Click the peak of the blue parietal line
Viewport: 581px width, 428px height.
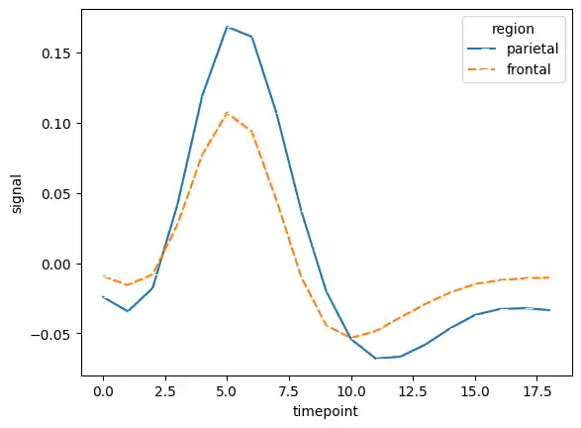228,27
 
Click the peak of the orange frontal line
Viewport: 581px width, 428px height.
228,113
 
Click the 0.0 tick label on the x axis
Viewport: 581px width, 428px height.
103,391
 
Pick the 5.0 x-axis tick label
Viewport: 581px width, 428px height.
228,391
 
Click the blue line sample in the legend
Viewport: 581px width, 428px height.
482,49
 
